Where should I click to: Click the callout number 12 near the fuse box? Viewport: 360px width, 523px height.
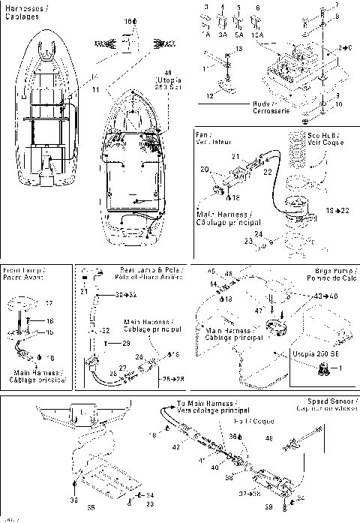pos(210,95)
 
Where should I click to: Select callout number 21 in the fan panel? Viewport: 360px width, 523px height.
pos(234,155)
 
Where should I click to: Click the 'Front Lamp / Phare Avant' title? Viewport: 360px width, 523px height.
pos(22,273)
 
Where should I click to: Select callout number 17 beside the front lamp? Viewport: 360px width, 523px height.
pos(49,304)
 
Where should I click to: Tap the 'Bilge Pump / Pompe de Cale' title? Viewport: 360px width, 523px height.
pos(334,272)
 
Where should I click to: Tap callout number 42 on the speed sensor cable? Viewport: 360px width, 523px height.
pos(176,446)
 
